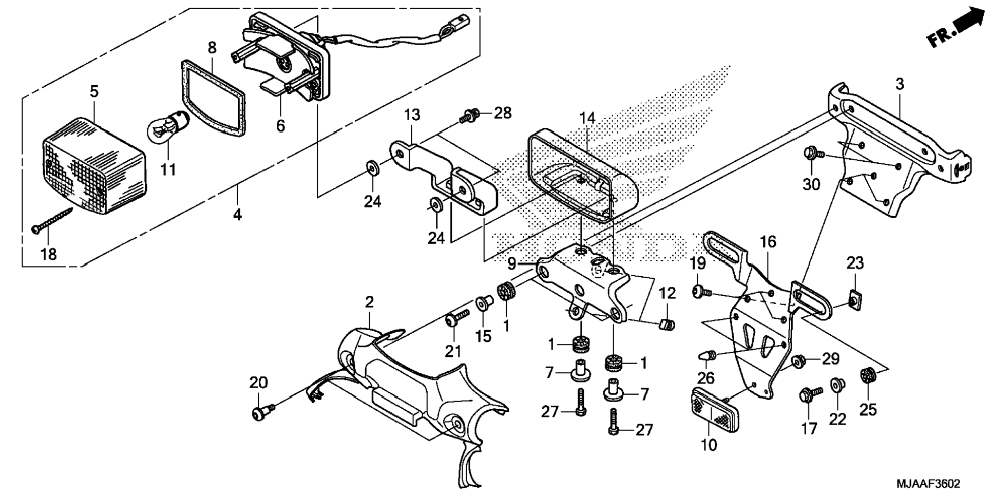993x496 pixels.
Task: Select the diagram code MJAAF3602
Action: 928,484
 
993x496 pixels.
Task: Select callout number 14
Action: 587,118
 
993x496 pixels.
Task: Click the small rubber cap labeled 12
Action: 666,324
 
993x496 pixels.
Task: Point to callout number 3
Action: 900,84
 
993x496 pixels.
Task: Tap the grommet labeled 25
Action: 868,375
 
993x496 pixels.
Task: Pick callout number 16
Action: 768,242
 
